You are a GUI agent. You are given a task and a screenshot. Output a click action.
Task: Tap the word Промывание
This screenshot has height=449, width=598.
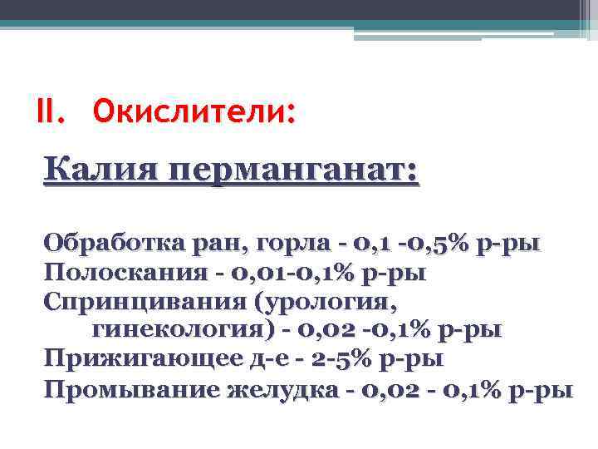[x=129, y=389]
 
